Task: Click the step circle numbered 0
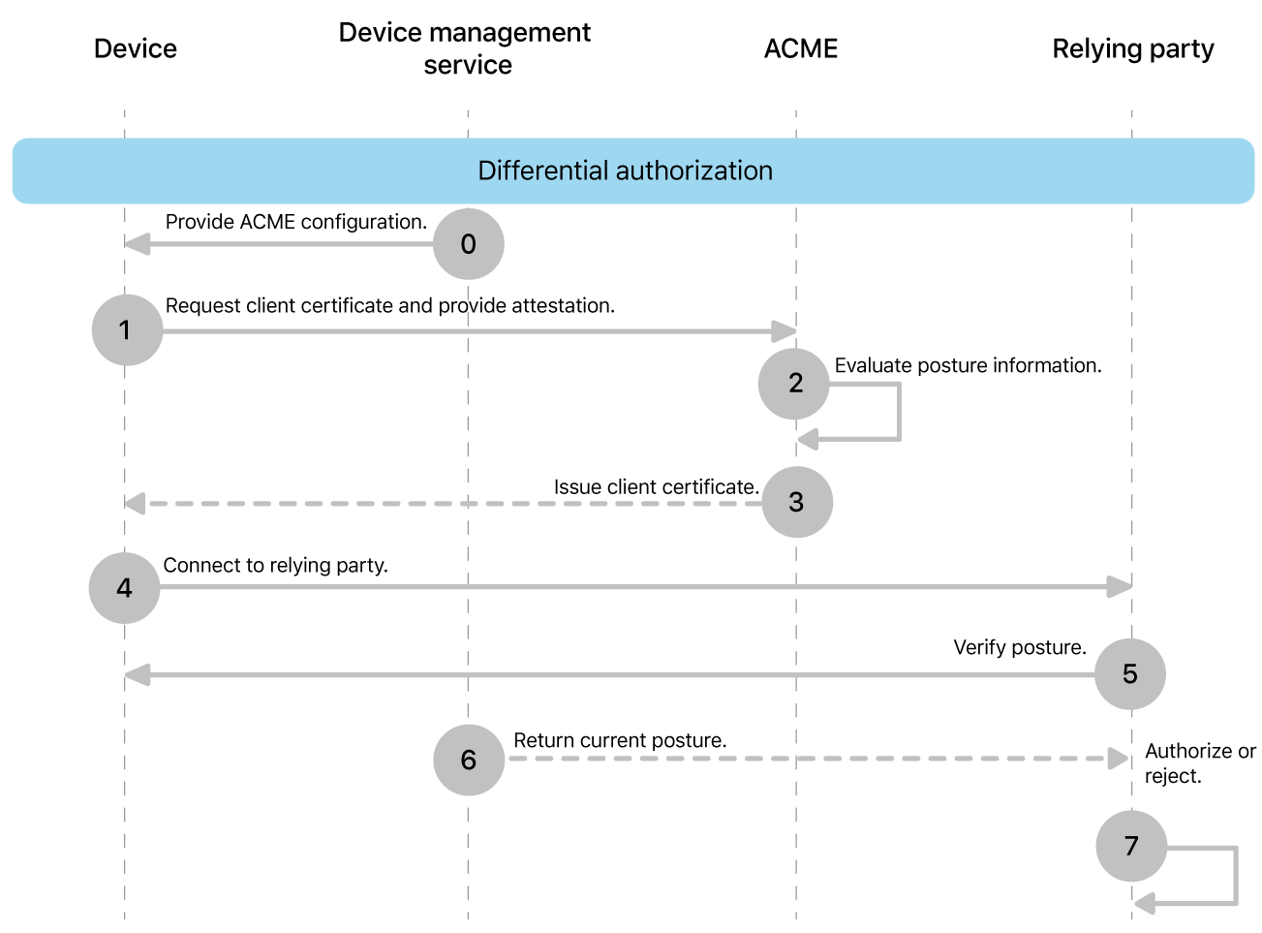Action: (468, 244)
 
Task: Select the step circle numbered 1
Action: (127, 330)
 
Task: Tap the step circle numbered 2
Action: (794, 384)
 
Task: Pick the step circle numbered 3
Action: (796, 502)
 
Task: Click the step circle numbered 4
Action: (124, 588)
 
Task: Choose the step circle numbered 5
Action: (1129, 674)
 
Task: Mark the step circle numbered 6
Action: (469, 760)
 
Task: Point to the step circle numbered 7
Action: (1130, 846)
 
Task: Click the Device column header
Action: (136, 48)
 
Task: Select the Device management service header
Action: (465, 48)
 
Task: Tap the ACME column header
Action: (800, 48)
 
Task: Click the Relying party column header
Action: (1132, 48)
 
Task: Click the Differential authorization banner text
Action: (625, 171)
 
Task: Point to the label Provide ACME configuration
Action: (295, 222)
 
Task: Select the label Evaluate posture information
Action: (968, 365)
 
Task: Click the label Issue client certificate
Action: (656, 487)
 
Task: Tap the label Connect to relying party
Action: (275, 565)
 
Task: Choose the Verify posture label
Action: (1019, 647)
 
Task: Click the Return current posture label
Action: (620, 740)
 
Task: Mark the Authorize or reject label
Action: (1199, 763)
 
